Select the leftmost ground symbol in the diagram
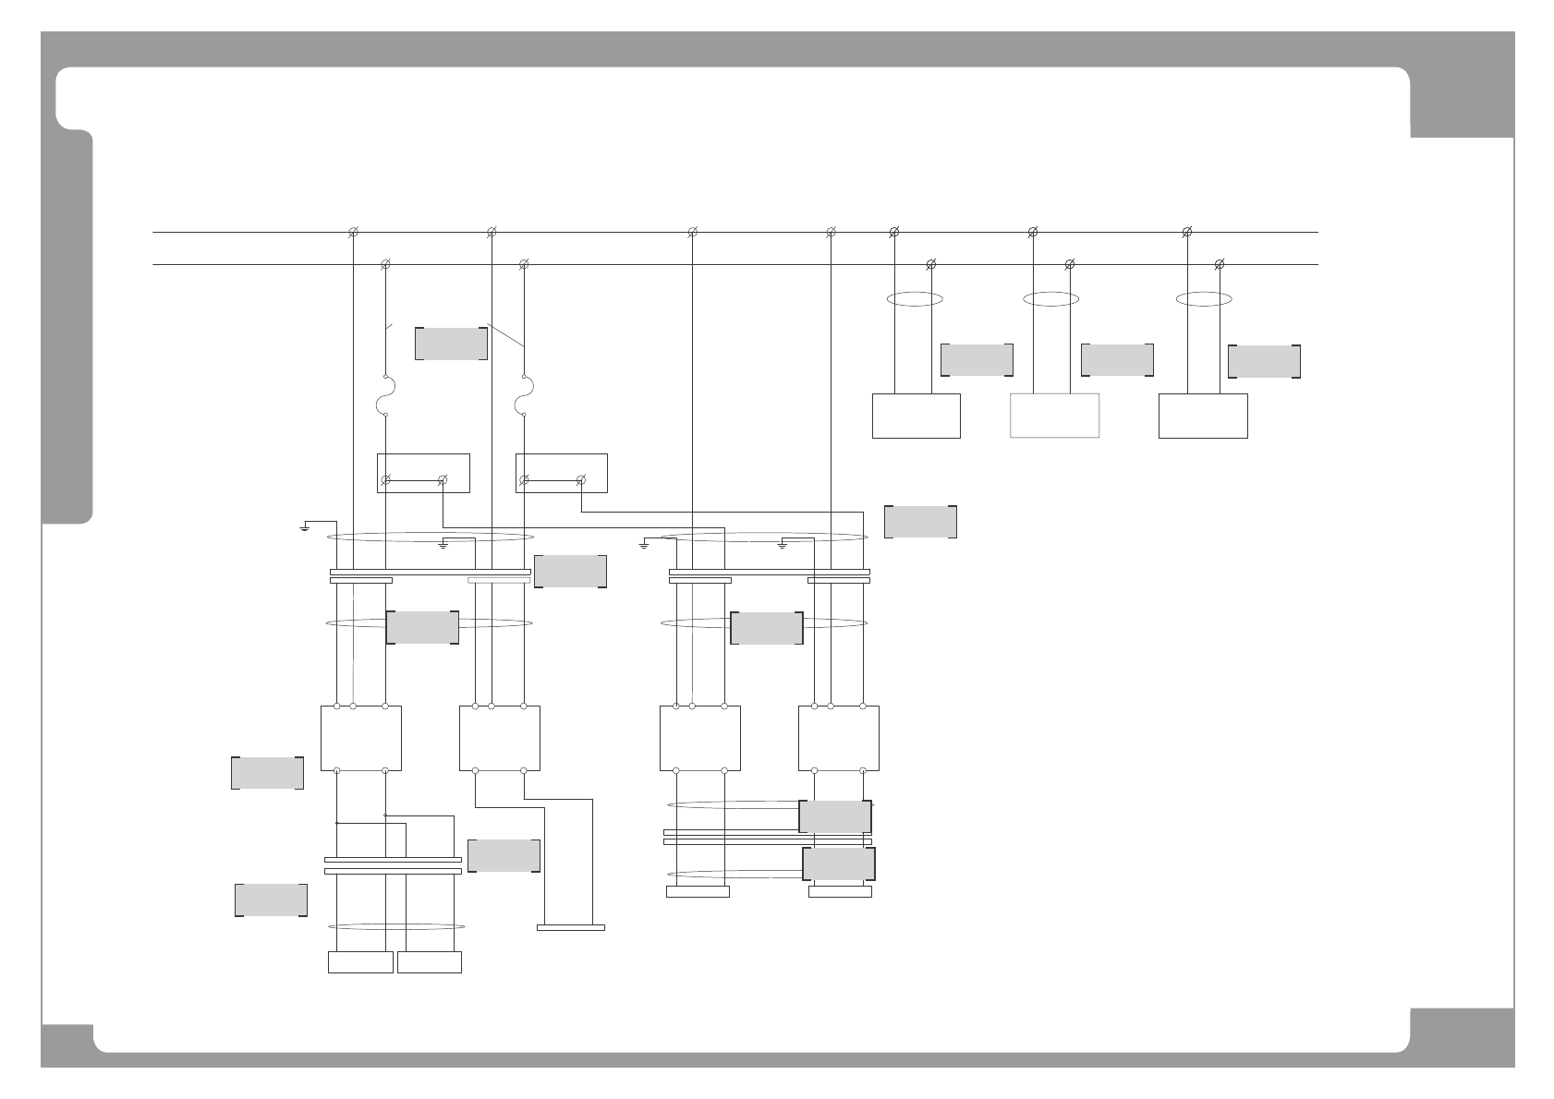[x=305, y=528]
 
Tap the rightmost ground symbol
[x=783, y=544]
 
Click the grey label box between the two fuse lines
[x=451, y=343]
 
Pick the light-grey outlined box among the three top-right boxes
[x=1054, y=416]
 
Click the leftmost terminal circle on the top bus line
[x=353, y=232]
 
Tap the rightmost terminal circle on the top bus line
[x=1187, y=232]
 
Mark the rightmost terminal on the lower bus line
[x=1220, y=265]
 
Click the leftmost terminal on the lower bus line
[x=385, y=265]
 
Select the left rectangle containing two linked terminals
[x=423, y=473]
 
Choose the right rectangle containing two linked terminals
[x=562, y=473]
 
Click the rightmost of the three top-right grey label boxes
[x=1264, y=361]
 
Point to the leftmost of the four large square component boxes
[x=360, y=738]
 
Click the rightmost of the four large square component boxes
[x=838, y=738]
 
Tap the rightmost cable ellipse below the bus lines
[x=1204, y=298]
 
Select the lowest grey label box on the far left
[x=271, y=900]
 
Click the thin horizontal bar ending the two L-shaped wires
[x=571, y=927]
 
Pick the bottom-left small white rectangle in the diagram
[x=360, y=961]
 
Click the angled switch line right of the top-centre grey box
[x=504, y=335]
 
